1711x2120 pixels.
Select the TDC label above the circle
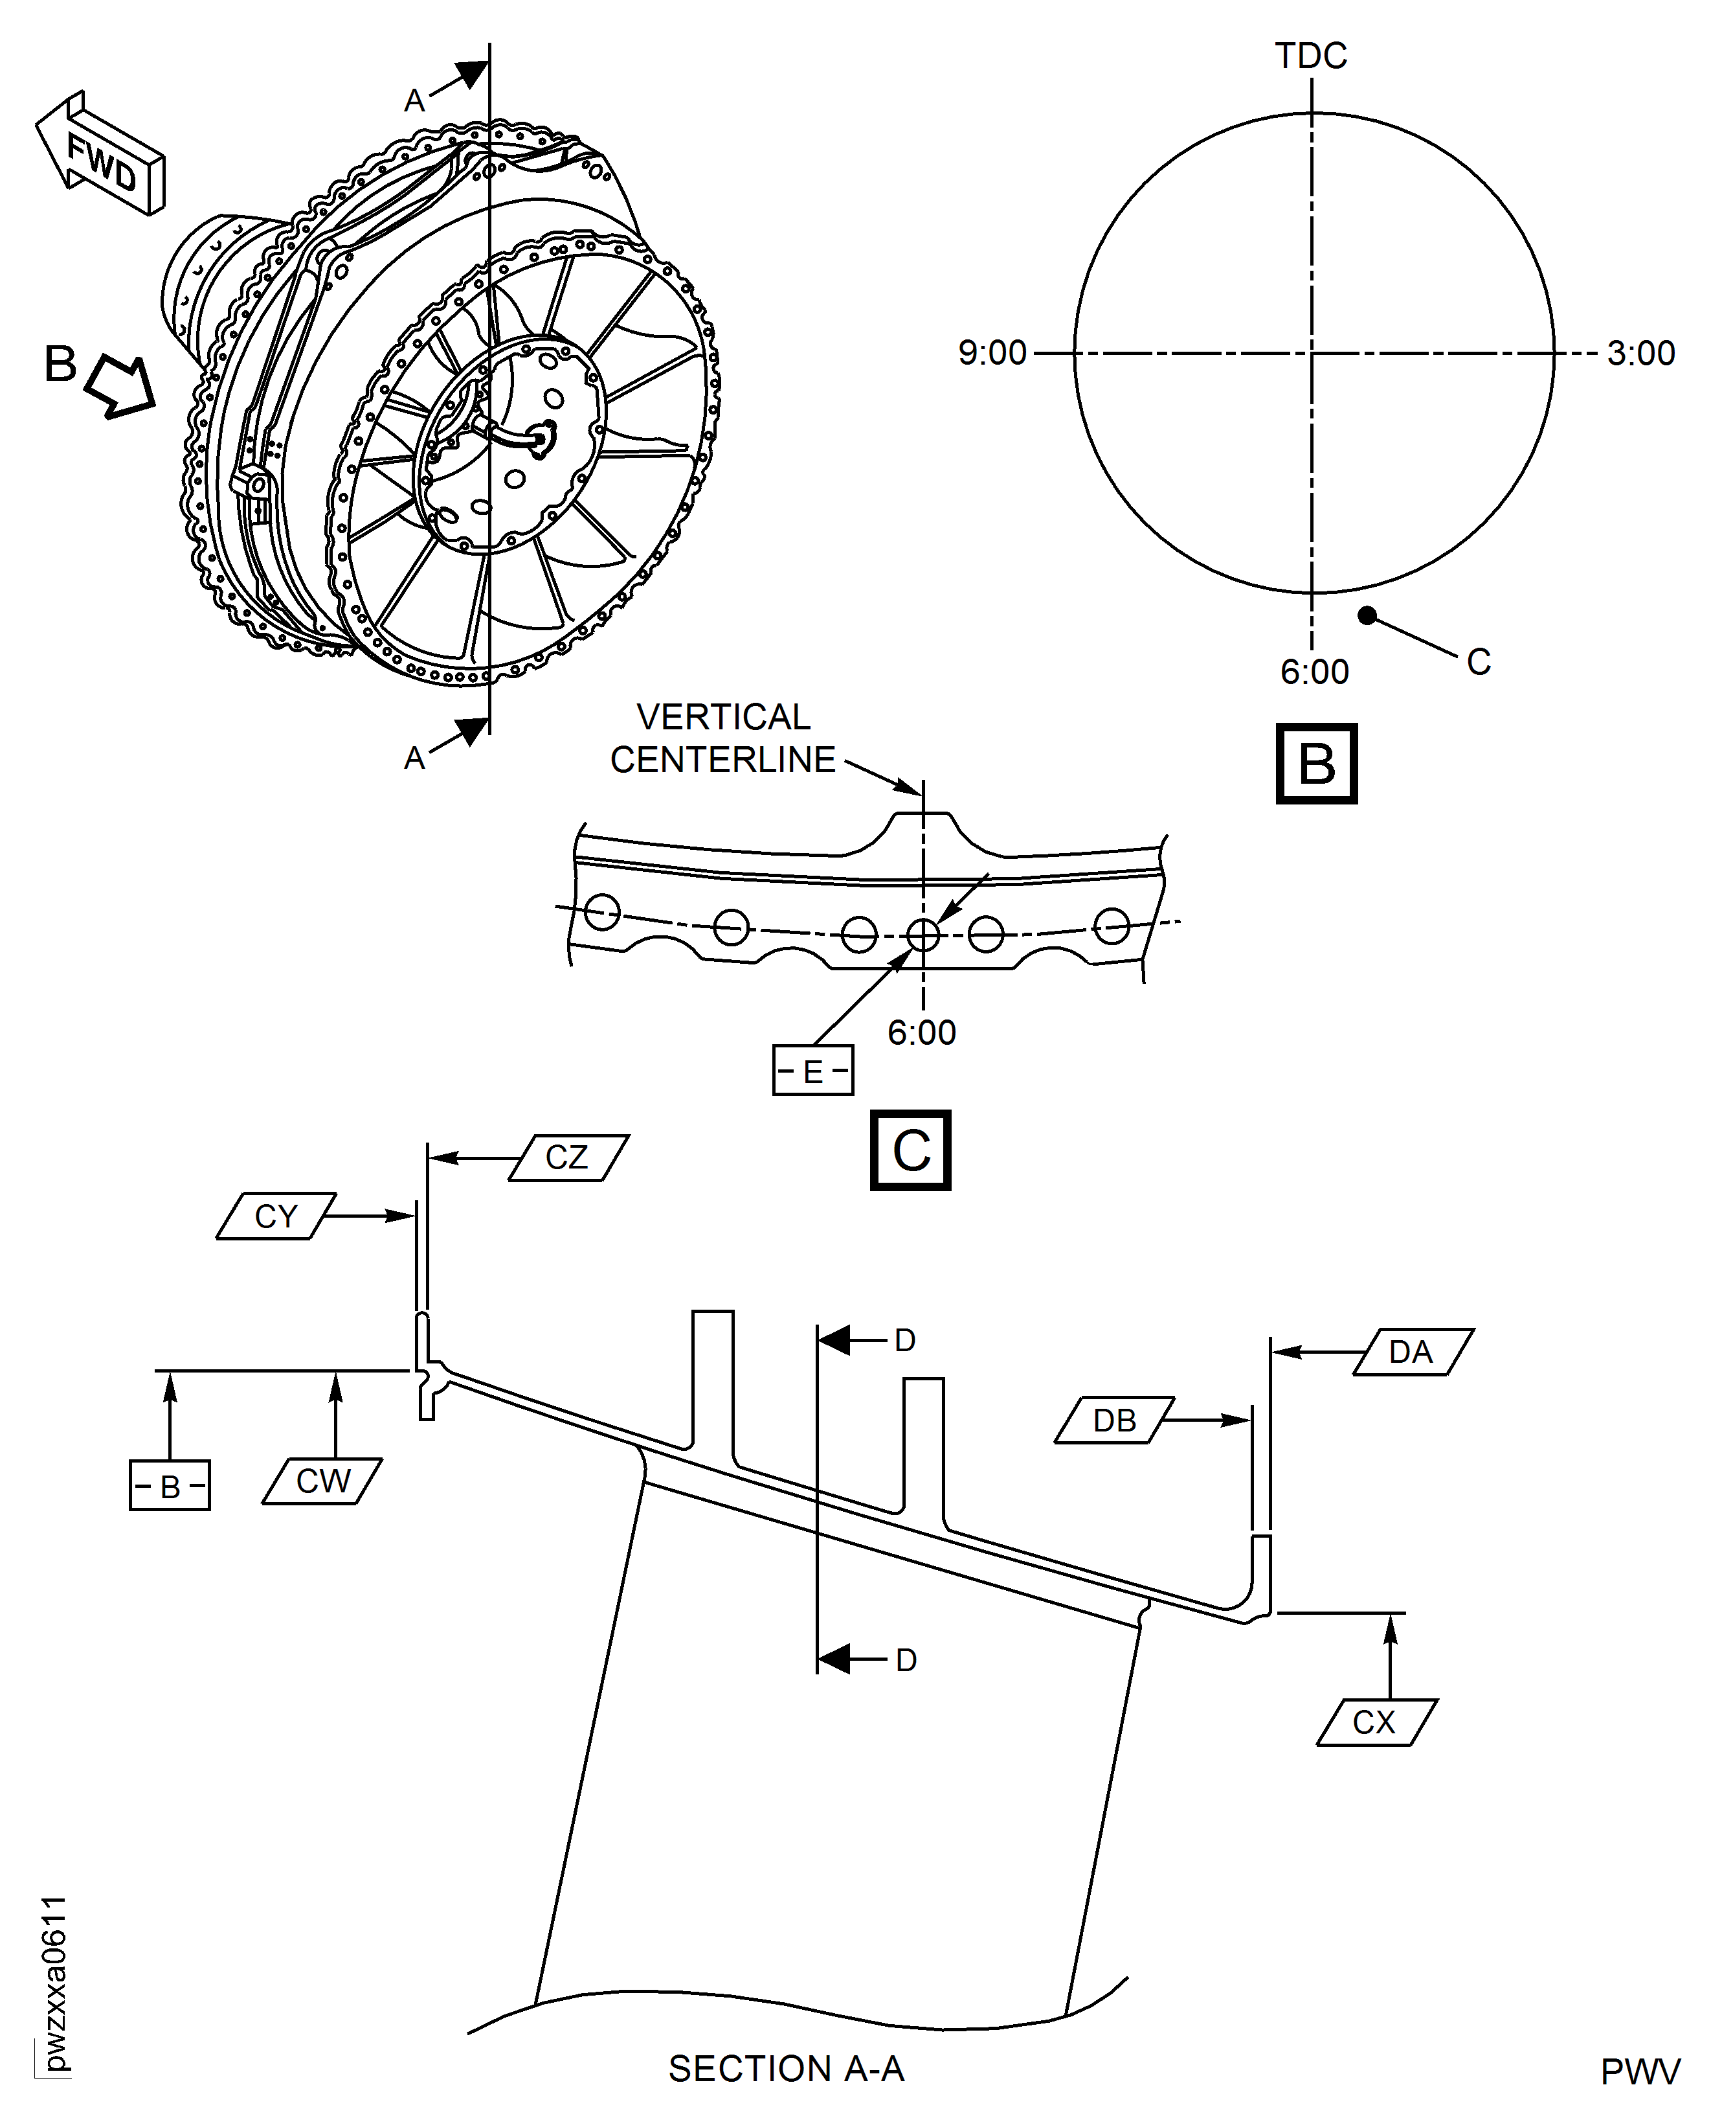pyautogui.click(x=1311, y=56)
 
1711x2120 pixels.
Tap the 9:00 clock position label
pyautogui.click(x=992, y=353)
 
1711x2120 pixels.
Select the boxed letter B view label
pyautogui.click(x=1317, y=764)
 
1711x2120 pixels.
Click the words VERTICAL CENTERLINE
pyautogui.click(x=722, y=738)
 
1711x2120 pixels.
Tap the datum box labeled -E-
pyautogui.click(x=812, y=1071)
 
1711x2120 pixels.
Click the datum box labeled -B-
pyautogui.click(x=170, y=1486)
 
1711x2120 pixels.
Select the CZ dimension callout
pyautogui.click(x=568, y=1157)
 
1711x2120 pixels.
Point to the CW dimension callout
pyautogui.click(x=322, y=1481)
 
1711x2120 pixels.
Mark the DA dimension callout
pyautogui.click(x=1411, y=1352)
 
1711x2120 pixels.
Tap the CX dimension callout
pyautogui.click(x=1375, y=1723)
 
